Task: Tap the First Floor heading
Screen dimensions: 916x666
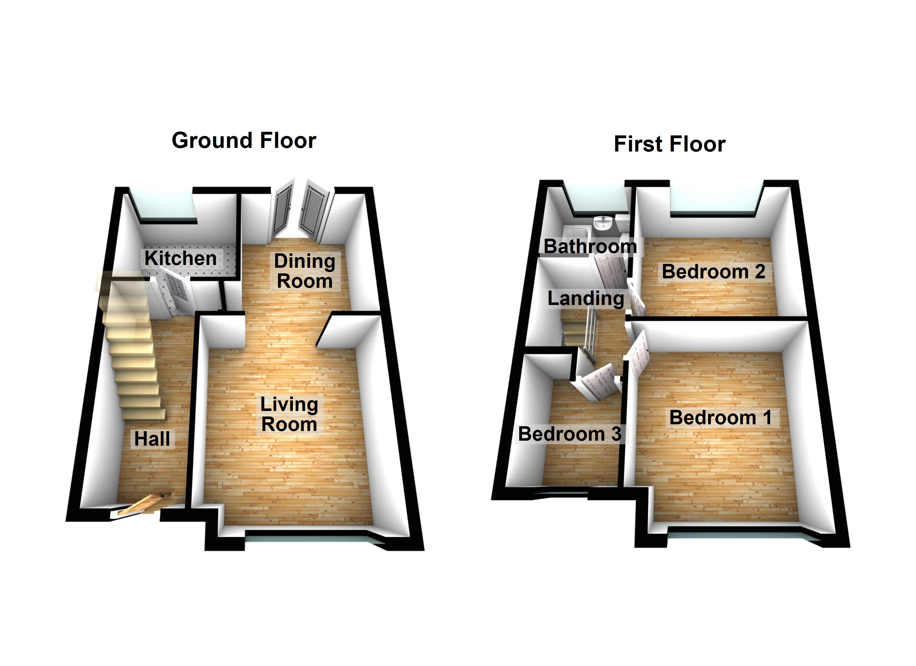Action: tap(669, 144)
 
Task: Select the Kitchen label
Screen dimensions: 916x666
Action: tap(180, 258)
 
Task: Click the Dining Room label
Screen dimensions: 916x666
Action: tap(305, 271)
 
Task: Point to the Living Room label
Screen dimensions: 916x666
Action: tap(289, 414)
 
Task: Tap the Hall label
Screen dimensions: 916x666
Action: tap(152, 439)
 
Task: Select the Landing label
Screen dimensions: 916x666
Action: tap(586, 299)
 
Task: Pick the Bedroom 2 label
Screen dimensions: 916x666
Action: tap(713, 271)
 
